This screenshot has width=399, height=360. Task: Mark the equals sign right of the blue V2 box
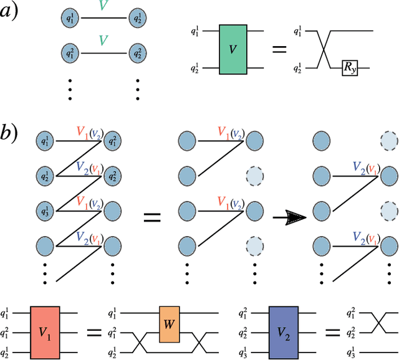point(325,330)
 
